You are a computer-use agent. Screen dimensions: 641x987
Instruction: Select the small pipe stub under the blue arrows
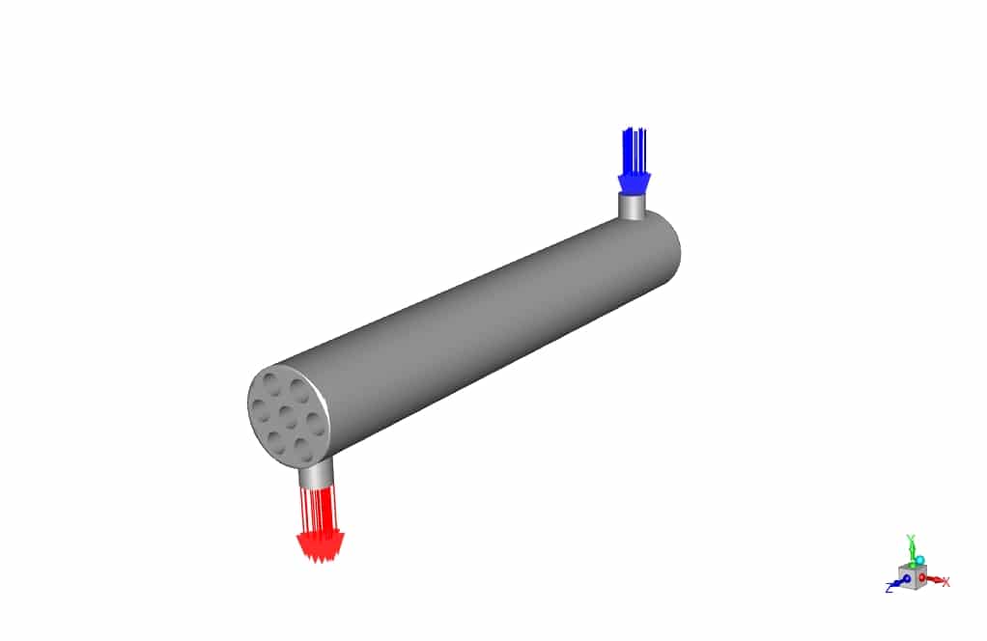pyautogui.click(x=632, y=205)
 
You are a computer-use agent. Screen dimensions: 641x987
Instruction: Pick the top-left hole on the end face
pyautogui.click(x=269, y=383)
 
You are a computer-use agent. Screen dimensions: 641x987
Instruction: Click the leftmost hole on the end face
pyautogui.click(x=258, y=408)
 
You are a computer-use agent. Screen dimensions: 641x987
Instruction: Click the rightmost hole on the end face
pyautogui.click(x=314, y=422)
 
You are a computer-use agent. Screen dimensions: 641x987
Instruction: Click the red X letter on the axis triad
pyautogui.click(x=946, y=582)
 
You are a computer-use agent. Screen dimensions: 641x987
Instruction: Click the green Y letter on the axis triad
pyautogui.click(x=911, y=538)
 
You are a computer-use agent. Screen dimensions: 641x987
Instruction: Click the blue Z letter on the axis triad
pyautogui.click(x=888, y=588)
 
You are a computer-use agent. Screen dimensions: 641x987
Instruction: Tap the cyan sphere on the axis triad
pyautogui.click(x=919, y=560)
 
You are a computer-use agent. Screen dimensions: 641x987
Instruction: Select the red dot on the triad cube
pyautogui.click(x=922, y=577)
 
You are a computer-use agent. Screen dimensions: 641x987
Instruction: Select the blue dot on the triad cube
pyautogui.click(x=907, y=578)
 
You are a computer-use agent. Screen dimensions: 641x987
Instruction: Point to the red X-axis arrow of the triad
pyautogui.click(x=934, y=579)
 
